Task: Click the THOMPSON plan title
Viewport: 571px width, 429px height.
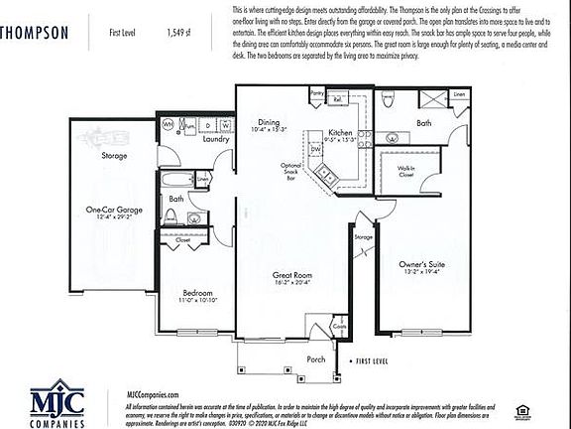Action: point(35,32)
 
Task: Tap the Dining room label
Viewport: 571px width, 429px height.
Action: point(256,120)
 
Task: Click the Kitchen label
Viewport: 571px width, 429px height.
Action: point(340,132)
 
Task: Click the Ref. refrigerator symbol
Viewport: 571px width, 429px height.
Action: point(337,99)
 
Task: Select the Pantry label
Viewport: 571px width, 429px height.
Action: point(317,92)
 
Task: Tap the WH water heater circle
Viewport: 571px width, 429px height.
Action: point(168,125)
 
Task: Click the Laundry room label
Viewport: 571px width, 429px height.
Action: point(216,139)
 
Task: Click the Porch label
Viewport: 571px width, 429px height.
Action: point(315,359)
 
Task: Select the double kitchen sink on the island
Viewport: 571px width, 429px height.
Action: point(326,177)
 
